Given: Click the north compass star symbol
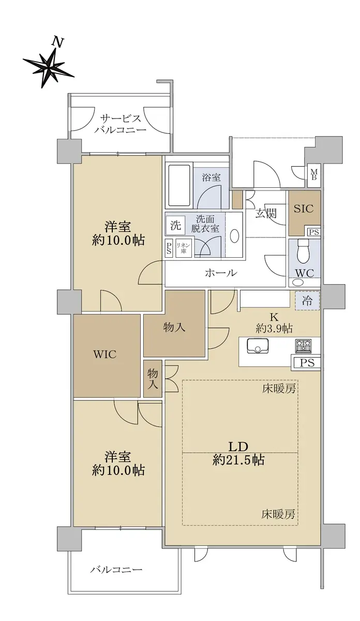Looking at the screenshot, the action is (49, 67).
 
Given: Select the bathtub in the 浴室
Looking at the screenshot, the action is (179, 186).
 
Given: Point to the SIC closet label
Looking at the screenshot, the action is (304, 208).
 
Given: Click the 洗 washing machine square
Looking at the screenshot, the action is (175, 226).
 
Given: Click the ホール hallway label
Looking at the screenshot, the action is (221, 273).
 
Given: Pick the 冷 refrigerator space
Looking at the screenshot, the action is (307, 301).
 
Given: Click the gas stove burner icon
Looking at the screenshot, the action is (303, 346).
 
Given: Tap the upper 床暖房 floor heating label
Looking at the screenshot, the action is (278, 389).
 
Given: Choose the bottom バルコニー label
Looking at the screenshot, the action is (116, 569).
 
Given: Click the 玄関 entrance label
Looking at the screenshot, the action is (265, 213).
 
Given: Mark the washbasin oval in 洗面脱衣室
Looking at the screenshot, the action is (234, 236).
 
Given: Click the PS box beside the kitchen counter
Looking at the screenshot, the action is (307, 363).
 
